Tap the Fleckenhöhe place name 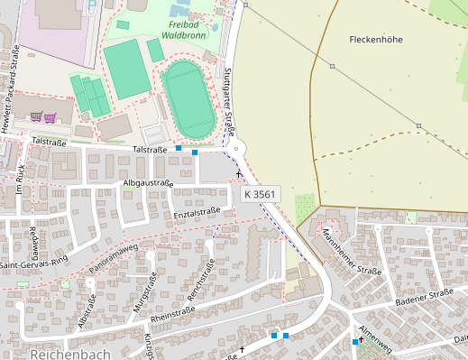click(x=374, y=40)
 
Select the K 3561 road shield click(x=260, y=194)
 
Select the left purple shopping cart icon click(x=36, y=116)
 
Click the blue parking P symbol click(x=92, y=5)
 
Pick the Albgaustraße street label click(x=148, y=183)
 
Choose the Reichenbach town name click(x=69, y=354)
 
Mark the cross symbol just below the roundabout click(x=239, y=172)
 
